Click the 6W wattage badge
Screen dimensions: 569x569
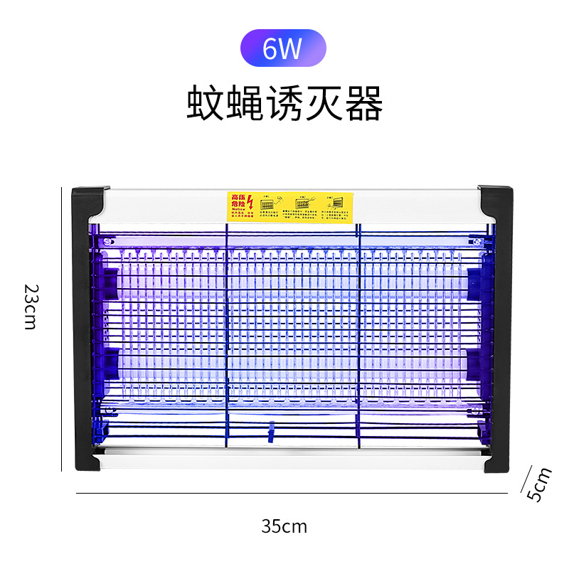(x=284, y=48)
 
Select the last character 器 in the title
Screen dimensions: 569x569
(x=365, y=104)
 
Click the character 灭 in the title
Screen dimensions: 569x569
(x=325, y=104)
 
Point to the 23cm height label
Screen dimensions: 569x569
(x=30, y=306)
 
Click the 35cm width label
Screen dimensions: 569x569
(x=284, y=526)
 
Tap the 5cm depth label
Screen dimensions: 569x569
(x=542, y=484)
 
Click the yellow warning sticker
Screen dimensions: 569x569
(x=290, y=206)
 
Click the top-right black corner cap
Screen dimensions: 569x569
(x=496, y=203)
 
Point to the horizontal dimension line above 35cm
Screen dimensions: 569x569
(x=291, y=493)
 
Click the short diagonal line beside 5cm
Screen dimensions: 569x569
(x=527, y=479)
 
